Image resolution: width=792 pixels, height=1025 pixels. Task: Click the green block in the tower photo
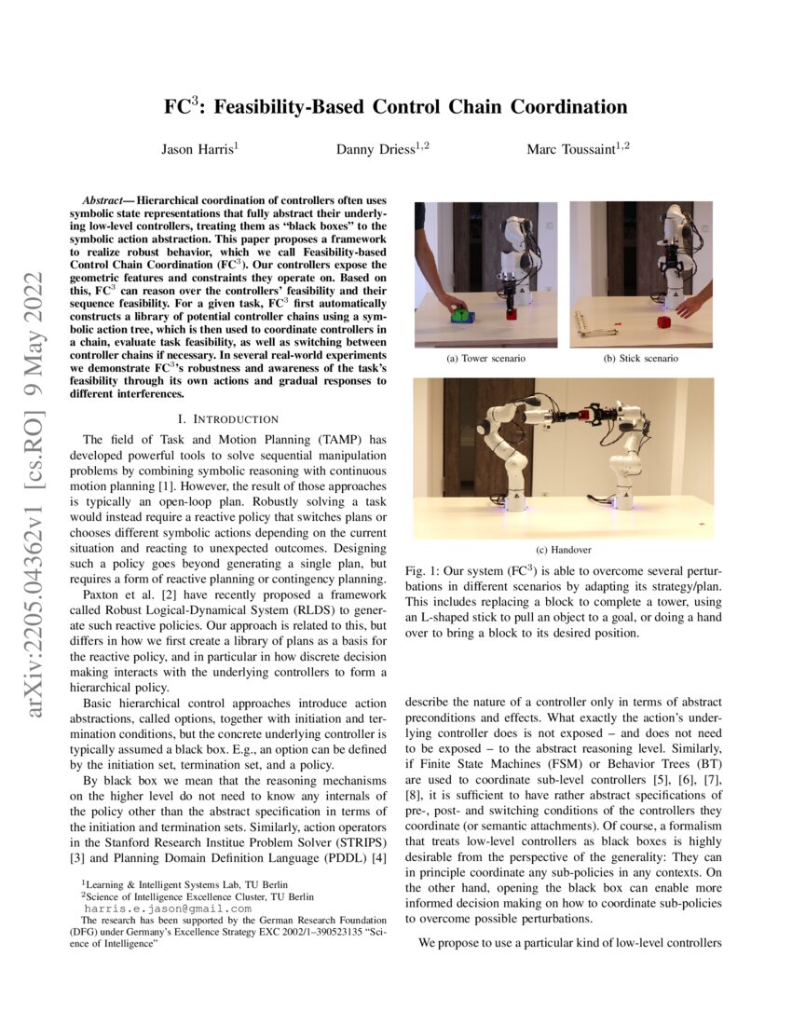coord(459,315)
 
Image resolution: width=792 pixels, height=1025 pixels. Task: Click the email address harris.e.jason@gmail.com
coord(168,909)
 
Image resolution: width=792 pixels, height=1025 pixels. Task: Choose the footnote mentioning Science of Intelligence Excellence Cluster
coord(197,896)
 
